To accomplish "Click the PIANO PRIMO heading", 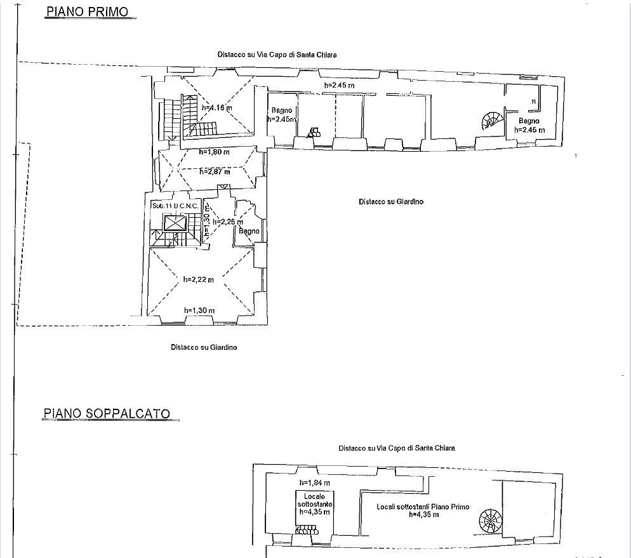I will (x=86, y=11).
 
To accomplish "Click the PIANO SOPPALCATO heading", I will (x=107, y=413).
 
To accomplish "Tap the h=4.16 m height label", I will (x=216, y=108).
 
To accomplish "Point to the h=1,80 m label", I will (x=214, y=152).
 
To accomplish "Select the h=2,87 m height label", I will (x=214, y=171).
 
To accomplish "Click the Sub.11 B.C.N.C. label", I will (x=175, y=206).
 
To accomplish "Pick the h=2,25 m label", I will (x=227, y=222).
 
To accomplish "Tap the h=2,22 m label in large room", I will (x=198, y=279).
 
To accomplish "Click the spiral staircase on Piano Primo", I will (x=490, y=121).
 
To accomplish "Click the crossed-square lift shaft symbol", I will (x=175, y=223).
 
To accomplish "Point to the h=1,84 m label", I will (x=315, y=482).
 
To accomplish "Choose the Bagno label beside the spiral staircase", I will (x=528, y=121).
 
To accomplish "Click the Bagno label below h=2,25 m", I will (x=249, y=232).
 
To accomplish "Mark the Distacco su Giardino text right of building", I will (x=390, y=202).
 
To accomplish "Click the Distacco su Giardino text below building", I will (x=204, y=347).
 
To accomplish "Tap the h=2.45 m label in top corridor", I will (x=339, y=86).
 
